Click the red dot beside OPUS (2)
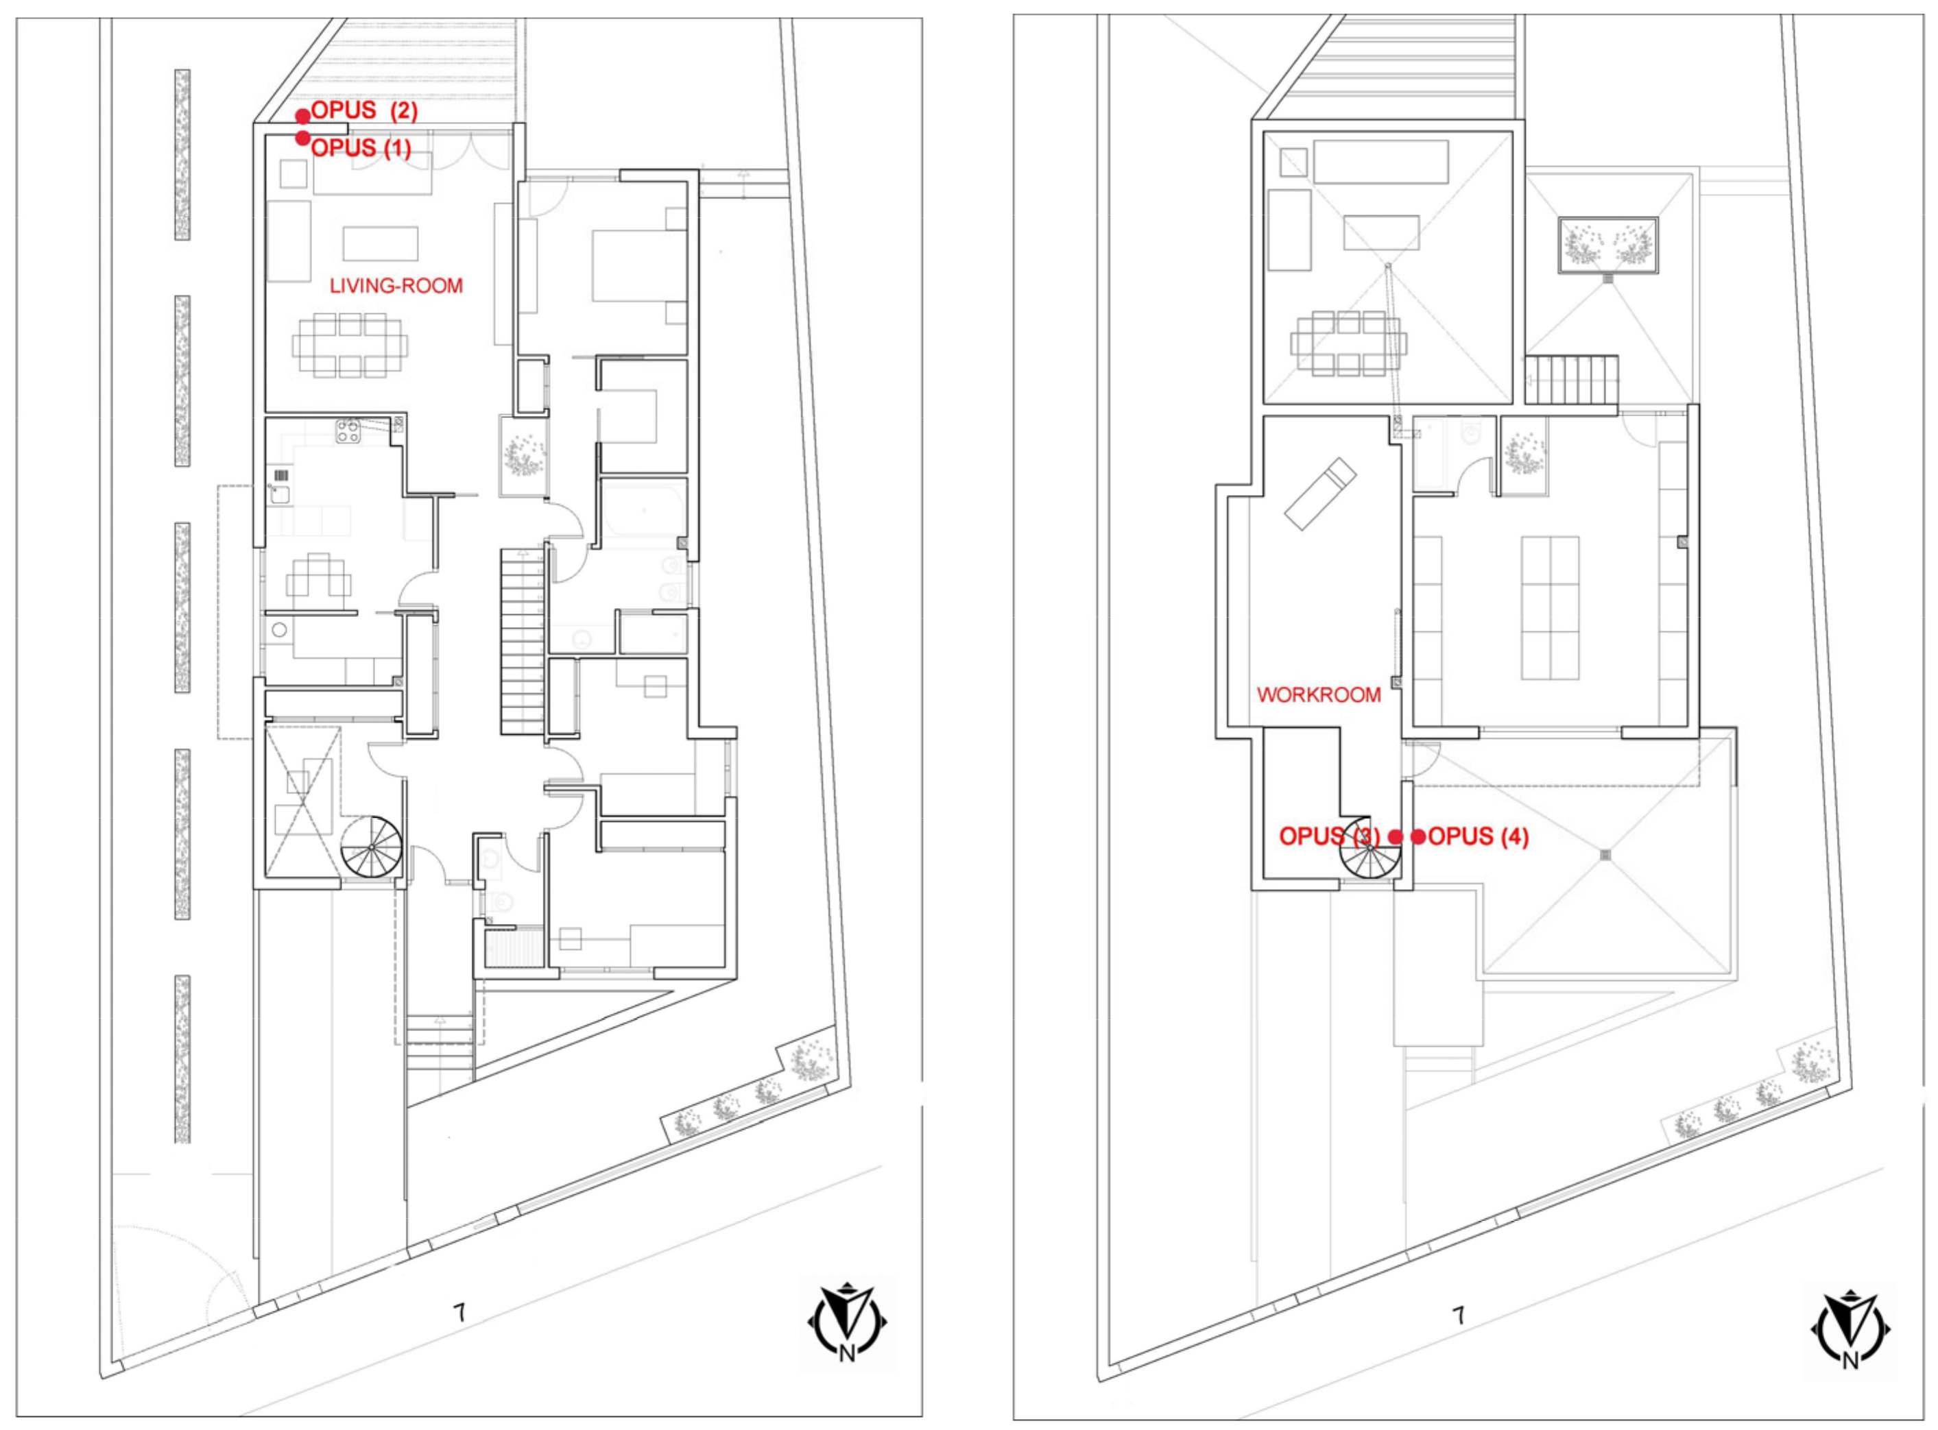(x=303, y=116)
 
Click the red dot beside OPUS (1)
(x=303, y=138)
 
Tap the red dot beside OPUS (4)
(x=1418, y=837)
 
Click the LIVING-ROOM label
(x=396, y=286)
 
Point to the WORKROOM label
(x=1319, y=695)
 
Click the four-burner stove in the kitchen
(x=349, y=431)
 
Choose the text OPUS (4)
(x=1478, y=837)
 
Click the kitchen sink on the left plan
(x=279, y=494)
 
